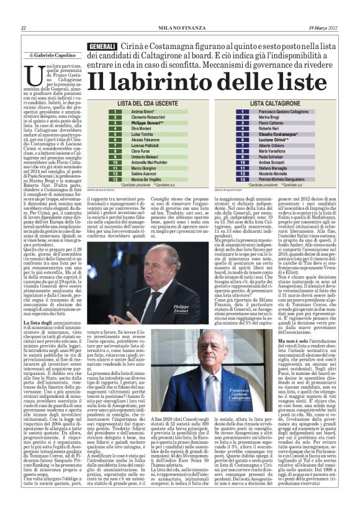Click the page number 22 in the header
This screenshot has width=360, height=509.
click(24, 28)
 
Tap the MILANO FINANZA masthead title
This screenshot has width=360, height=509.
click(180, 28)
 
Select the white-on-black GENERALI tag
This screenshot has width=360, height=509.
click(102, 47)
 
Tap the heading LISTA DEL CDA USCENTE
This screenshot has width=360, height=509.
click(140, 104)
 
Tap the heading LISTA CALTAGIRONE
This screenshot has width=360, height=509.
click(275, 104)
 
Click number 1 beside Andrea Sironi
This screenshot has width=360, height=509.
click(115, 112)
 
